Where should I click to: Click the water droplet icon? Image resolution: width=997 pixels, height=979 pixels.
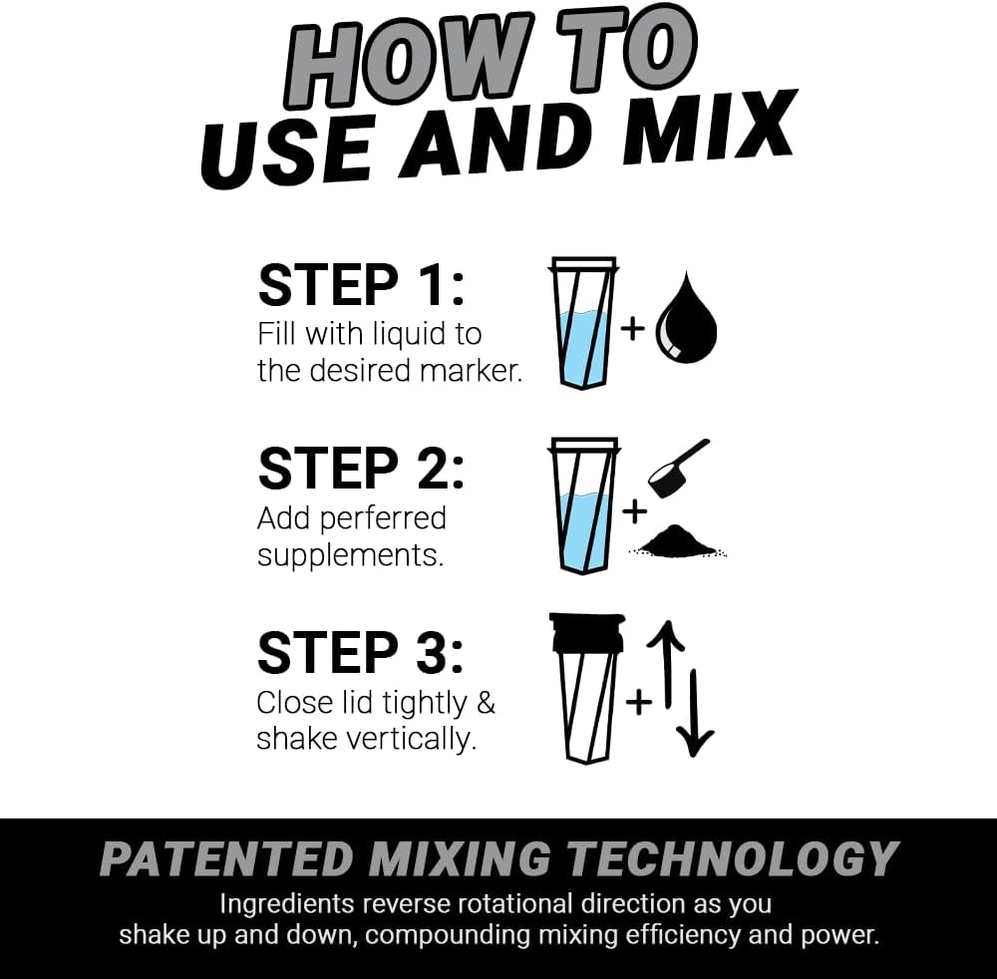(686, 326)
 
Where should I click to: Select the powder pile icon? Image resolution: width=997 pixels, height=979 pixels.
(678, 542)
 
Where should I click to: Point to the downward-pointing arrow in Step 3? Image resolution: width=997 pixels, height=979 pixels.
(695, 712)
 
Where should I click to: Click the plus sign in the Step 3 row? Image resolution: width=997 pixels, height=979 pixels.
(638, 701)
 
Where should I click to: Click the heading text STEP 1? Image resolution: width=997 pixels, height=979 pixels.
(361, 285)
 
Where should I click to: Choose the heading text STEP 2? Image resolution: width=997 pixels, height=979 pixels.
(361, 469)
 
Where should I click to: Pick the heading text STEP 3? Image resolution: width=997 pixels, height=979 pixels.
(361, 653)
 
